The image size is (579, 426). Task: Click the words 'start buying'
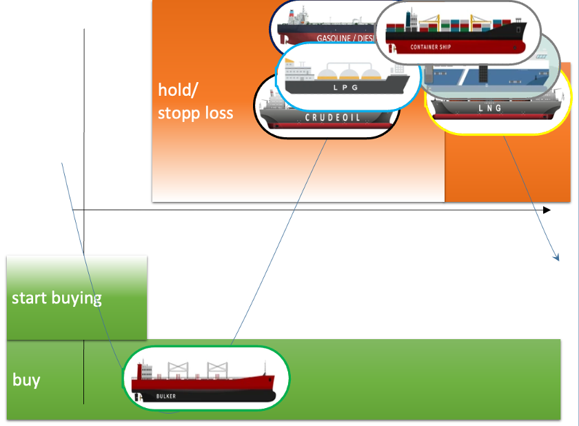pyautogui.click(x=57, y=298)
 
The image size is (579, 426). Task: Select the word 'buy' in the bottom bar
pyautogui.click(x=26, y=380)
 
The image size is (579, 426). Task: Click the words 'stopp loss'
pyautogui.click(x=195, y=112)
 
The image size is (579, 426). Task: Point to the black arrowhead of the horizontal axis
pyautogui.click(x=547, y=210)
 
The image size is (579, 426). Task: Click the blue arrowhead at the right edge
pyautogui.click(x=557, y=258)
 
